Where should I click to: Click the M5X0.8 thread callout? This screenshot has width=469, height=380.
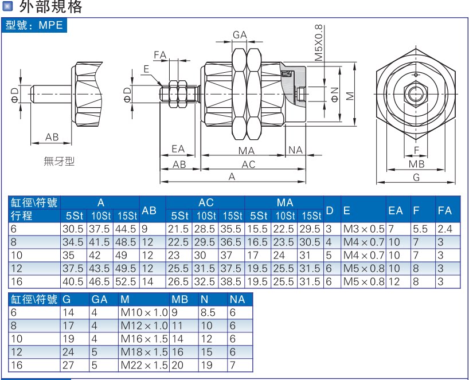coord(319,43)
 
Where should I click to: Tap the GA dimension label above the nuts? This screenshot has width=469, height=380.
coord(240,35)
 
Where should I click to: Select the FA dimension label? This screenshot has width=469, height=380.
coord(159,56)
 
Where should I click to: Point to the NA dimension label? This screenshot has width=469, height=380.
coord(295,150)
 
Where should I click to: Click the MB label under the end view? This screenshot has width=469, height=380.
coord(416,164)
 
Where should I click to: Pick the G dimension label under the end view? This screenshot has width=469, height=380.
coord(416,178)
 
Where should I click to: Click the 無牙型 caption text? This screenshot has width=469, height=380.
coord(59,162)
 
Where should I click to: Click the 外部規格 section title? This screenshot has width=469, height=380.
coord(50,7)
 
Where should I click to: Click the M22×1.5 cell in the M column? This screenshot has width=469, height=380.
coord(144,365)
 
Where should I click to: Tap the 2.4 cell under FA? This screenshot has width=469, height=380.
coord(445,229)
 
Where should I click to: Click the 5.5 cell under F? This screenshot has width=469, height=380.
coord(420,229)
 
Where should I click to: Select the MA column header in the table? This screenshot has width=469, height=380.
coord(284,203)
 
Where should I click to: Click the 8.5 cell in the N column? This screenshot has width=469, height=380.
coord(208,313)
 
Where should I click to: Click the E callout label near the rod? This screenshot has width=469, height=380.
coord(146,69)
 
